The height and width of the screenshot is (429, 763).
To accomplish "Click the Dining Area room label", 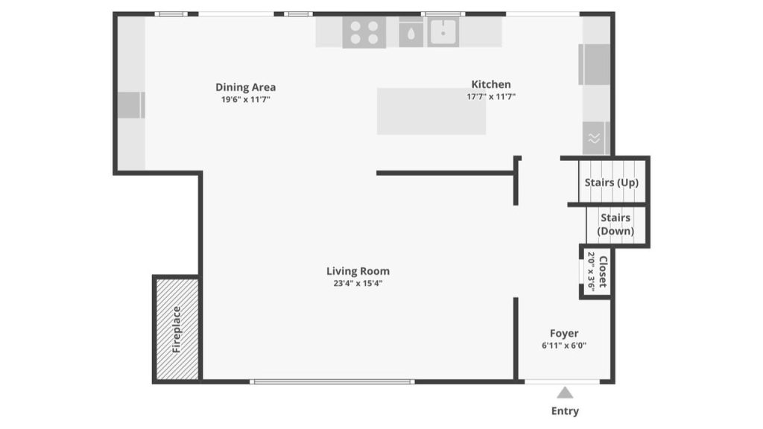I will [x=245, y=87].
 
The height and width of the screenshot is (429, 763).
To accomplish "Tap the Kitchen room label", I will [x=491, y=84].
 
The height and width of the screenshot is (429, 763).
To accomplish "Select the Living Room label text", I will [x=358, y=271].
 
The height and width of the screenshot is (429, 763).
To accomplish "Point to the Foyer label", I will [x=564, y=334].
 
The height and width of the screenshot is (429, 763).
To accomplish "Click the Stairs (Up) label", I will [x=611, y=182].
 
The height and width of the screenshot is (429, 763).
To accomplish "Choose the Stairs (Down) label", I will [x=615, y=224].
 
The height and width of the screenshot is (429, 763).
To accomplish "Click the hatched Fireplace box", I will [x=177, y=328].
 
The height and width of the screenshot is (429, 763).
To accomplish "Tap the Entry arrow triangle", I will [x=565, y=393].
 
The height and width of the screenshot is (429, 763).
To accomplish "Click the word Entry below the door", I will [x=565, y=411].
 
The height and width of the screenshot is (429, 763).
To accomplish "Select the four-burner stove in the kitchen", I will [x=364, y=33].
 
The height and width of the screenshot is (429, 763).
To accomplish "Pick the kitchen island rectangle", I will [x=431, y=111].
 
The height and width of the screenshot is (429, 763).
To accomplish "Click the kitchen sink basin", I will [x=443, y=32].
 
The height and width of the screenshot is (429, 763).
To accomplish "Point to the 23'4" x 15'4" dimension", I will [x=358, y=283].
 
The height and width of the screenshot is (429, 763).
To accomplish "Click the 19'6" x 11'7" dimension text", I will [x=245, y=99].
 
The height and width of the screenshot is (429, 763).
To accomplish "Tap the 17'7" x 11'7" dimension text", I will [x=491, y=96].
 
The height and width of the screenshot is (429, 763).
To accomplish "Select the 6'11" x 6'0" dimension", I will [x=564, y=346].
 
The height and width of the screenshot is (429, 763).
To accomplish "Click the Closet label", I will [x=603, y=272].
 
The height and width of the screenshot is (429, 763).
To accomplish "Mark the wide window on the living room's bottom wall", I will [x=332, y=381].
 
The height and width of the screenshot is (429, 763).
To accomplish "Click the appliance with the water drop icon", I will [x=411, y=33].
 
